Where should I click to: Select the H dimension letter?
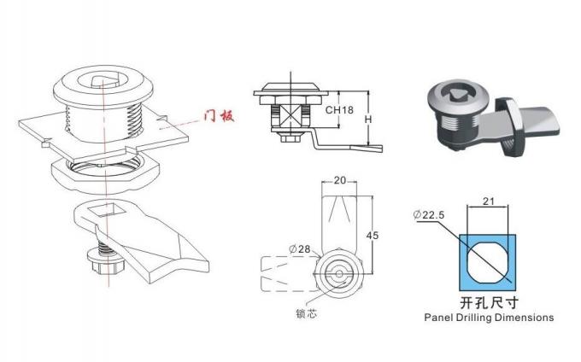point(368,119)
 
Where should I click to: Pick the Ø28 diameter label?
point(300,248)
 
